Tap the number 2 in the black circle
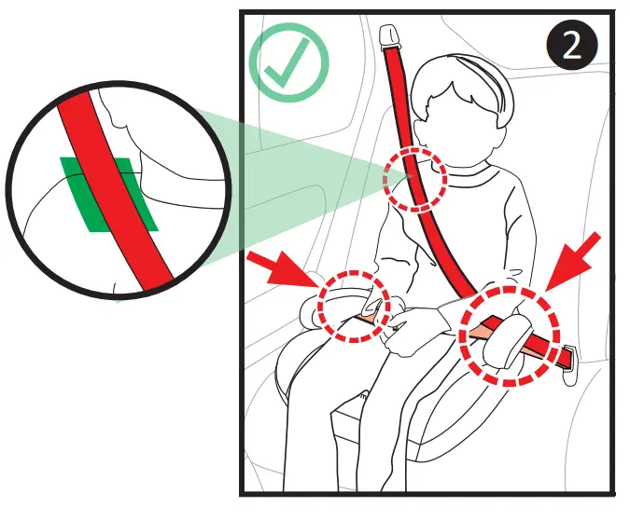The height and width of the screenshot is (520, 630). coord(572,46)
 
